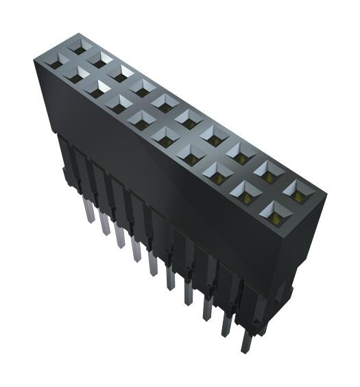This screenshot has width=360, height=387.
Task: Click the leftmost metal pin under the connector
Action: (x=88, y=213)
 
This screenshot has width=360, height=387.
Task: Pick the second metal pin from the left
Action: (x=104, y=223)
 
